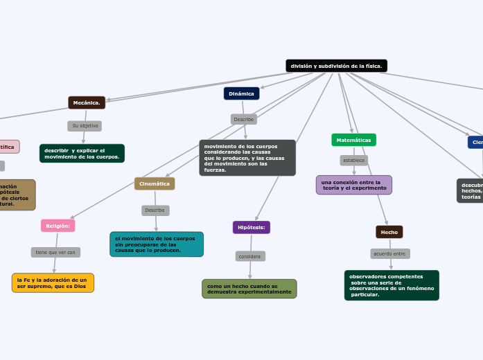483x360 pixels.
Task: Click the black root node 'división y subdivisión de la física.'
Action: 336,66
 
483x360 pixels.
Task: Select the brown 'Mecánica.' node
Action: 87,102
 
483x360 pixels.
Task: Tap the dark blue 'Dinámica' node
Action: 241,93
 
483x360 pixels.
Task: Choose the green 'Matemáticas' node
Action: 353,140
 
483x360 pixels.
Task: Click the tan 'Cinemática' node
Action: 155,183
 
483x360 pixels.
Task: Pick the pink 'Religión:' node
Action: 58,226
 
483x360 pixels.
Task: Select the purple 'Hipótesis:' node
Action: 251,227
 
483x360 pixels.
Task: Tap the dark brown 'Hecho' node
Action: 389,232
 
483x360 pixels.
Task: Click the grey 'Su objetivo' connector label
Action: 85,126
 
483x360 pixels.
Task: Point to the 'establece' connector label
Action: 354,160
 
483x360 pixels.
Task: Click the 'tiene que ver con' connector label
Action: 55,252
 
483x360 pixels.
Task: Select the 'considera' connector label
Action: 249,256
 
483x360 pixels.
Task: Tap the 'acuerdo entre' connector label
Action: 389,253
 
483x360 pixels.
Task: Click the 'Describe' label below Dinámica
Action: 243,119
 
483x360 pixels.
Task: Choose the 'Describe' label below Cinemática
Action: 155,210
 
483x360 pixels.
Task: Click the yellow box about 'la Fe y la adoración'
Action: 53,282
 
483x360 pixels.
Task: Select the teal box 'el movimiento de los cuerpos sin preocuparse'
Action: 156,244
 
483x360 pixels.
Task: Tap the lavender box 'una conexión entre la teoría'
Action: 353,185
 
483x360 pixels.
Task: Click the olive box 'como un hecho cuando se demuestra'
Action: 249,289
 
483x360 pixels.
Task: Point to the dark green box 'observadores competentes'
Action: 391,285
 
